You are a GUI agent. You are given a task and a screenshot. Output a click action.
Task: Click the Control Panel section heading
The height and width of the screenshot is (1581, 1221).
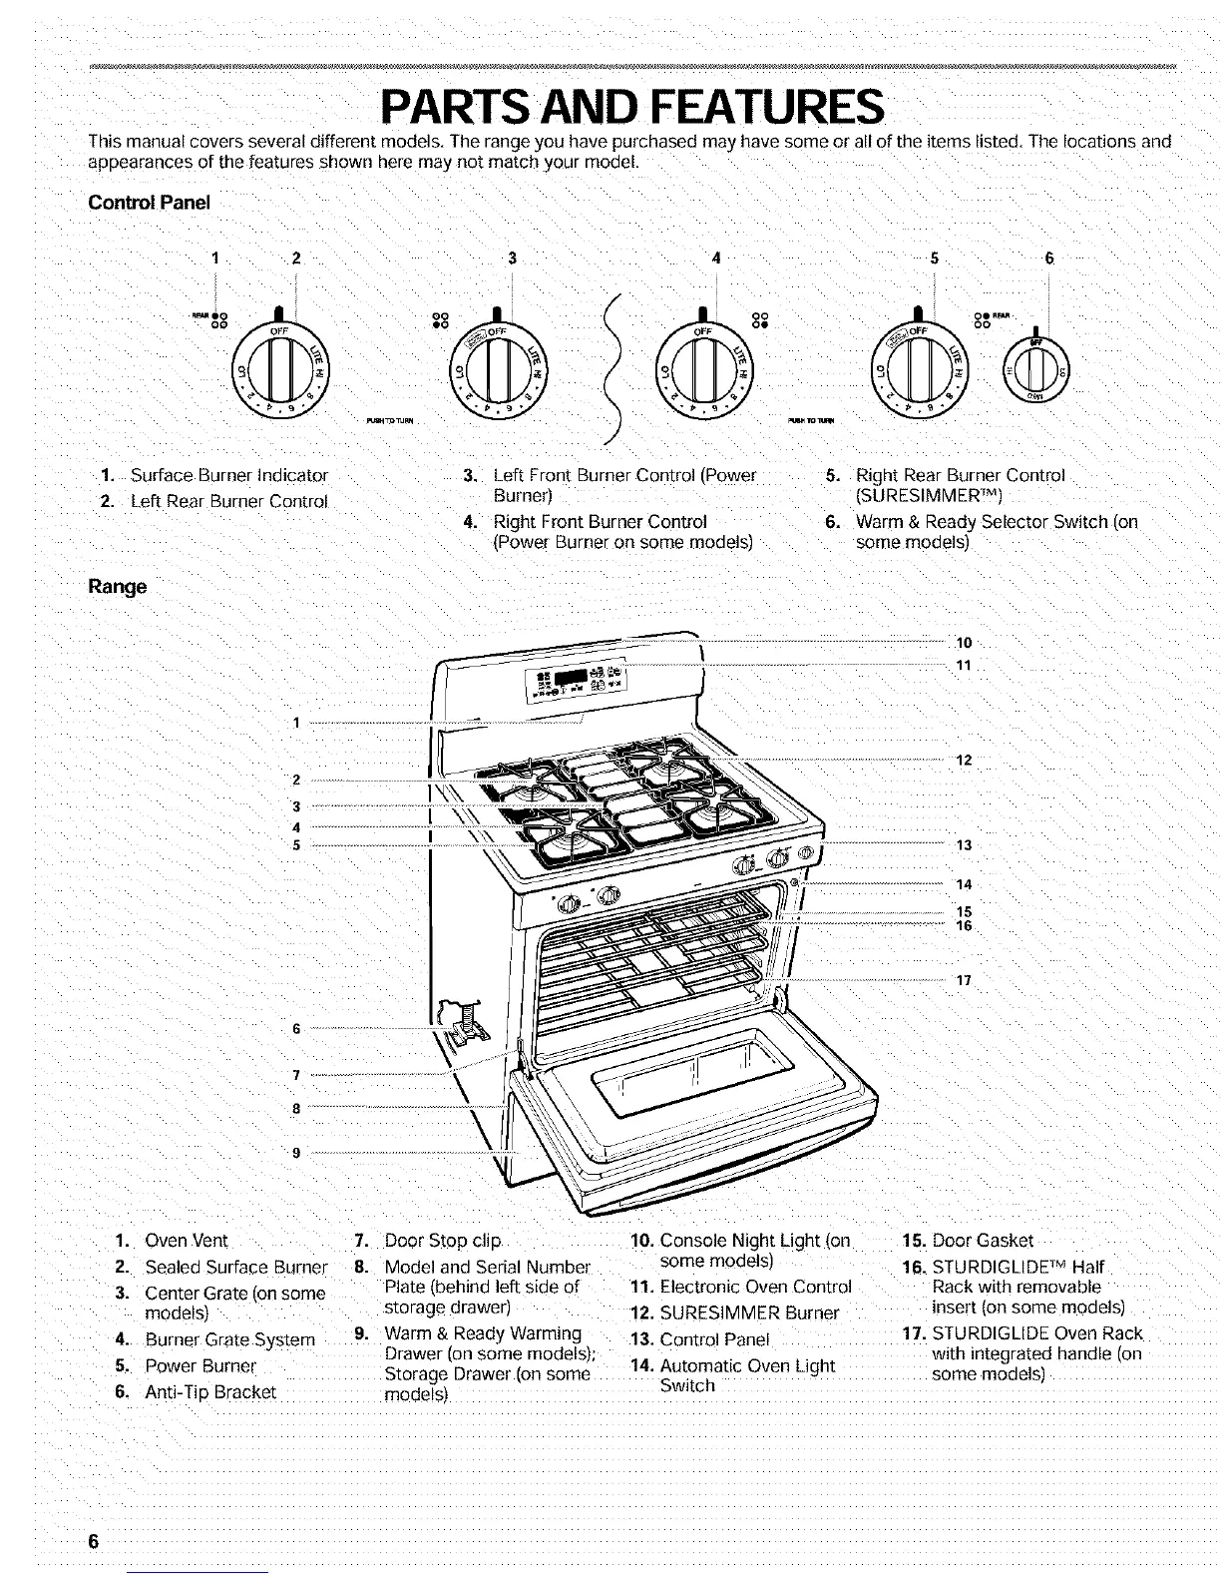[150, 203]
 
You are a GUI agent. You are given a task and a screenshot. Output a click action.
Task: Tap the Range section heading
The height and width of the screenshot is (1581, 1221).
[118, 586]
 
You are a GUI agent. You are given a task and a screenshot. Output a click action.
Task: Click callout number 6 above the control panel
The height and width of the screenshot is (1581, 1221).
[1048, 259]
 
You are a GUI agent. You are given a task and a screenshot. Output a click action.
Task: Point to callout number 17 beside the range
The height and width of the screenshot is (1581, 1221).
[964, 980]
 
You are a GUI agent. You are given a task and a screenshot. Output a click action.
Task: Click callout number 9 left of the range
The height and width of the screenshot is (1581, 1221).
[296, 1153]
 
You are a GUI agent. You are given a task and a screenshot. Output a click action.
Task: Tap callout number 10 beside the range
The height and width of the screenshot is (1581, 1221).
[964, 642]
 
